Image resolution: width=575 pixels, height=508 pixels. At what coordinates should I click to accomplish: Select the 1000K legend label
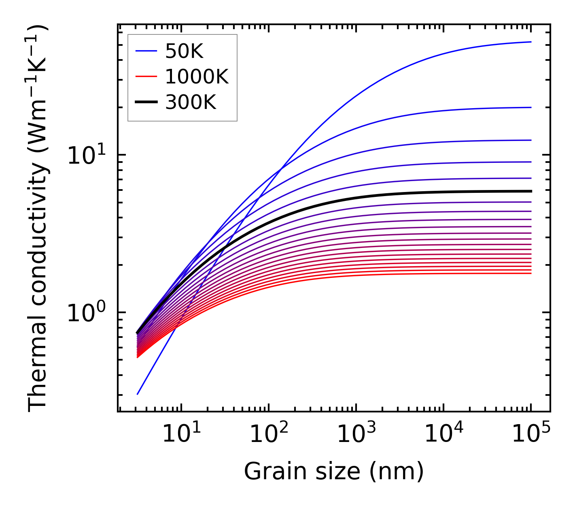click(197, 77)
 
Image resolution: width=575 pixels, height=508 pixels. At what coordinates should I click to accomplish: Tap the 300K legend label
click(191, 102)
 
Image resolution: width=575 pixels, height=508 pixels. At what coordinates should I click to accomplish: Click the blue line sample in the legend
click(146, 51)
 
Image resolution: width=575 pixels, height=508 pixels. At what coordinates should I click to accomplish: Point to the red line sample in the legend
click(146, 77)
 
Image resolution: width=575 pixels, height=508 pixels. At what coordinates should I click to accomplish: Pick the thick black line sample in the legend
click(146, 102)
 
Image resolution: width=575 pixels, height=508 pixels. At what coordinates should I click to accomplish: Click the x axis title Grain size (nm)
click(334, 472)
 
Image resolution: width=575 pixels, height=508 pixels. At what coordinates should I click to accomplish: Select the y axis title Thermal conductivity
click(38, 219)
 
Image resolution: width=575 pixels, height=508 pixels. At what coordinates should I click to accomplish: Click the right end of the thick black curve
click(530, 191)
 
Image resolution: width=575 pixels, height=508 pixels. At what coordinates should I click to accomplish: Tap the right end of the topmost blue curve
click(530, 42)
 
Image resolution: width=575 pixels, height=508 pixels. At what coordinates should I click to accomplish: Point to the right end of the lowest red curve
click(530, 273)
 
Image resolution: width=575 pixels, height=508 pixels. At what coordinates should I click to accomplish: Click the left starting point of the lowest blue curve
click(138, 394)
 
